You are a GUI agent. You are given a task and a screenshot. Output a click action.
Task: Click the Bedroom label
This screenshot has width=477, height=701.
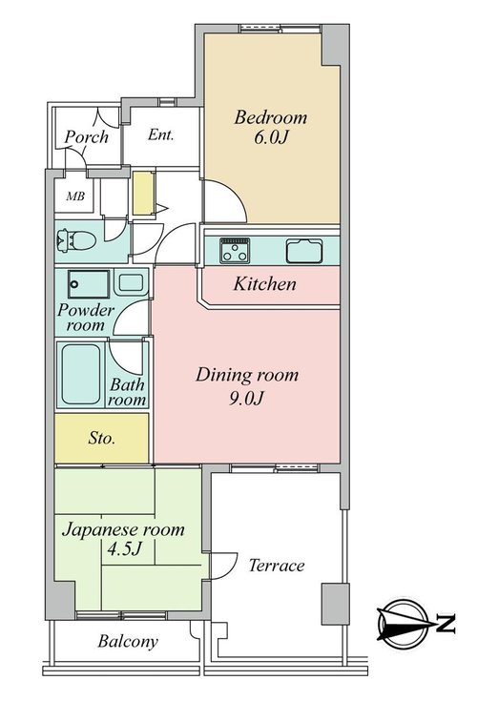pos(271,117)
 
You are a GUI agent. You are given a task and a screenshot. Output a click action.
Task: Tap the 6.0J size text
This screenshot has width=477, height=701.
pos(271,137)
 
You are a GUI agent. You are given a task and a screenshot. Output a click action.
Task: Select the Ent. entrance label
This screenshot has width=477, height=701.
pos(160,134)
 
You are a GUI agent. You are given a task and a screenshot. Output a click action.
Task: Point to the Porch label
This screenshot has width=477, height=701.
pos(86,136)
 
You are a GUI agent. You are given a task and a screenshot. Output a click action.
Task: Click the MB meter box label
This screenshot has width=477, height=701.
pos(75,196)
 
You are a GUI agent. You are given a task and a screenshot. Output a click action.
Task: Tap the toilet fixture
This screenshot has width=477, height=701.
pos(75,241)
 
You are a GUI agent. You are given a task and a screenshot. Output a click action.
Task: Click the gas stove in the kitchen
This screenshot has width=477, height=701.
pos(235,251)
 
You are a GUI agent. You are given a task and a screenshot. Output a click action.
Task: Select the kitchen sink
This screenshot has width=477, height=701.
pos(304,251)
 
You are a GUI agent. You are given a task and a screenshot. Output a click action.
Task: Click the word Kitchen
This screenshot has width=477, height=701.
pos(264,284)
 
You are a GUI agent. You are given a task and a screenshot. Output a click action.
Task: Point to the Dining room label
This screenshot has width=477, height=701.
pos(247,376)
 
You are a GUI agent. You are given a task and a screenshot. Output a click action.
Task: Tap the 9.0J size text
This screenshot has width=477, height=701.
pos(246,398)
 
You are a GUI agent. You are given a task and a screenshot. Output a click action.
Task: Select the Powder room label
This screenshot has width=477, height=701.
pos(86,317)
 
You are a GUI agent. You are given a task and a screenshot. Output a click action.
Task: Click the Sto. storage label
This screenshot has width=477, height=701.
pos(101,438)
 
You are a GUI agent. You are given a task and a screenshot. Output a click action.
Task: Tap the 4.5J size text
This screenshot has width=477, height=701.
pos(124,549)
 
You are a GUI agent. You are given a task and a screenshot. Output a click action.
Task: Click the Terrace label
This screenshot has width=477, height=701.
pos(277,566)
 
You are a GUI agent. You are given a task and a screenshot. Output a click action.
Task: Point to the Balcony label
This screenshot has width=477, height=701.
pos(128,642)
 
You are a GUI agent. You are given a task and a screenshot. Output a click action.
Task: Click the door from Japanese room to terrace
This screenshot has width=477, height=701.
pos(222,566)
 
